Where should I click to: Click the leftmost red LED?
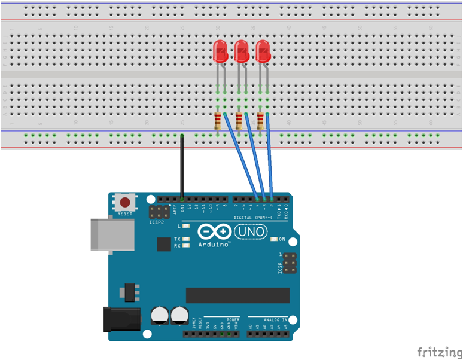point(220,51)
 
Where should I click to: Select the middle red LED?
point(242,51)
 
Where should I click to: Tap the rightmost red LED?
point(263,51)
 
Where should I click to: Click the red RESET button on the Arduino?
point(125,202)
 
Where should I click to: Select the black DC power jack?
point(121,319)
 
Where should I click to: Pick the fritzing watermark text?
point(439,351)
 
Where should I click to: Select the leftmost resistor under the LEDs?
point(218,122)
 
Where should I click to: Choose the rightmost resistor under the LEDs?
point(260,122)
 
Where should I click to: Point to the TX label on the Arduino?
point(177,239)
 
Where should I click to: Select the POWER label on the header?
point(233,320)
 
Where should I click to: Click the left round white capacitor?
point(160,316)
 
